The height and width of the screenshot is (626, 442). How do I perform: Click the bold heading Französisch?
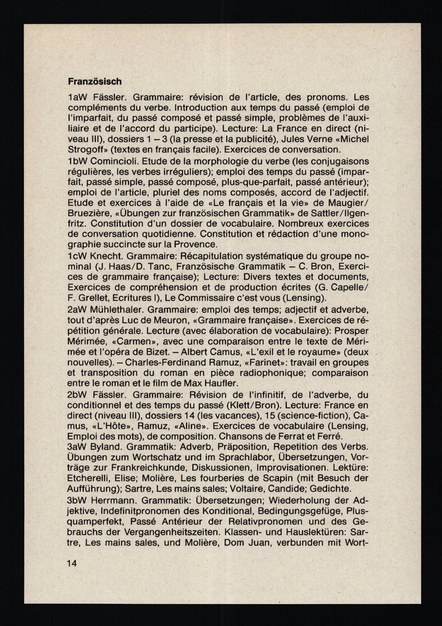tap(95, 82)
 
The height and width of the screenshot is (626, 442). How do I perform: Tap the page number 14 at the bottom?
tap(72, 563)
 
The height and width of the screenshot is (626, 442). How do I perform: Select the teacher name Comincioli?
tap(113, 161)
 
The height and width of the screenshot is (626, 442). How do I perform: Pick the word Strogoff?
tap(86, 149)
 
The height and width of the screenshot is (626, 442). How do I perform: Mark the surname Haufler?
tap(221, 383)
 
